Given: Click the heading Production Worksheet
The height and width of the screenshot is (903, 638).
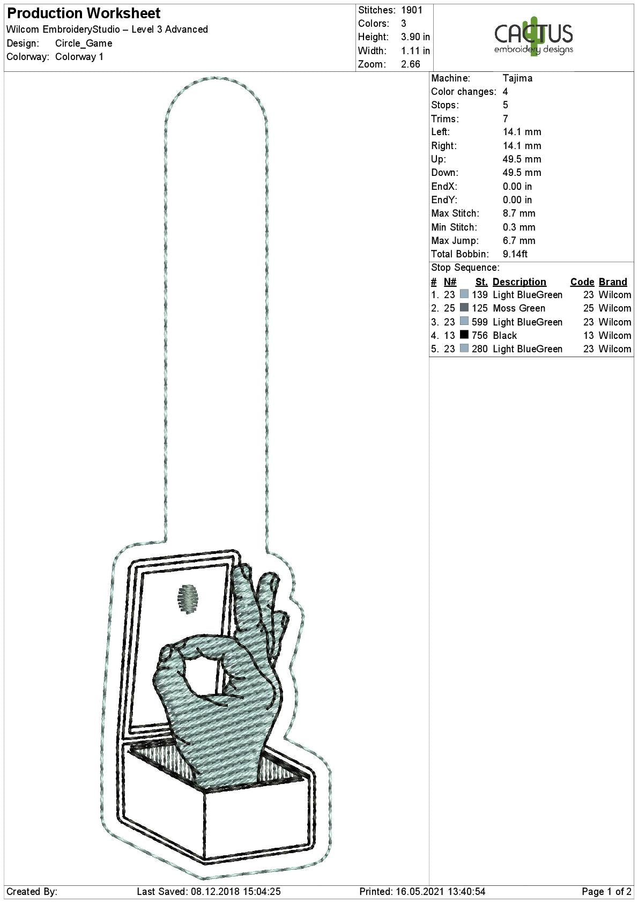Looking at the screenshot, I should pyautogui.click(x=84, y=13).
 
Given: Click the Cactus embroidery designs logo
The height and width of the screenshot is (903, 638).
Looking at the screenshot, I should pyautogui.click(x=533, y=36).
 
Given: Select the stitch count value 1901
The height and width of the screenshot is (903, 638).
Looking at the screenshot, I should pyautogui.click(x=412, y=10).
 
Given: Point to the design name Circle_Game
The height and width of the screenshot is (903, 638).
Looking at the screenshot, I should pyautogui.click(x=84, y=43).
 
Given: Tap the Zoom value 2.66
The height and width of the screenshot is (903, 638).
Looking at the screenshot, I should pyautogui.click(x=411, y=64).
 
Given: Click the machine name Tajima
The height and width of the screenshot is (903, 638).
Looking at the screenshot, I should pyautogui.click(x=517, y=78).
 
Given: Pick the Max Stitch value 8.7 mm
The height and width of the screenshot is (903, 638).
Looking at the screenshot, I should pyautogui.click(x=519, y=213).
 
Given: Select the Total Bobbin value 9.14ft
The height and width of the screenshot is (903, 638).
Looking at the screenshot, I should pyautogui.click(x=515, y=254).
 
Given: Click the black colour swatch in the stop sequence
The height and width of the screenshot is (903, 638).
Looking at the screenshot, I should pyautogui.click(x=464, y=335).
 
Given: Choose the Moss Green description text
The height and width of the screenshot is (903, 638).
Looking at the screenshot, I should pyautogui.click(x=519, y=308).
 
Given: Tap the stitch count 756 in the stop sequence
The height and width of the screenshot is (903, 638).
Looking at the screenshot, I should pyautogui.click(x=480, y=336).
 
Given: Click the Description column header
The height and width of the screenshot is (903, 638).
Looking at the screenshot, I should pyautogui.click(x=519, y=282).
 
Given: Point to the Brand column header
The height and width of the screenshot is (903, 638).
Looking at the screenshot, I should pyautogui.click(x=613, y=282).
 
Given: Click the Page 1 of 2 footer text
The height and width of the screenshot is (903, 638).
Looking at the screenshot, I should pyautogui.click(x=606, y=892).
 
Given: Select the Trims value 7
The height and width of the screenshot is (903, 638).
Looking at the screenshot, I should pyautogui.click(x=506, y=119).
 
